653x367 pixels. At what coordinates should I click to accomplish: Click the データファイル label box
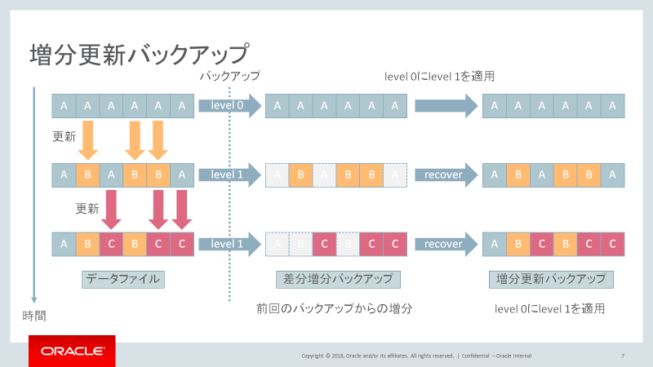[x=123, y=279]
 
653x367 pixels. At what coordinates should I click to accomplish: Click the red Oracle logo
[x=72, y=351]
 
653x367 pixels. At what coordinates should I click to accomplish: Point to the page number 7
[x=623, y=356]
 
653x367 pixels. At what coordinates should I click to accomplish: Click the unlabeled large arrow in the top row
[x=446, y=105]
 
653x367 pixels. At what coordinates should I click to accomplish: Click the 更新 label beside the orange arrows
[x=64, y=135]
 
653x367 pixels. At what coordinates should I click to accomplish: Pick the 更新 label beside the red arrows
[x=88, y=207]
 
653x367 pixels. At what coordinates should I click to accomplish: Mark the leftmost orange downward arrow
[x=88, y=140]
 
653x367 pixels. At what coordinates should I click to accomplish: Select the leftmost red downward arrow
[x=111, y=210]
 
